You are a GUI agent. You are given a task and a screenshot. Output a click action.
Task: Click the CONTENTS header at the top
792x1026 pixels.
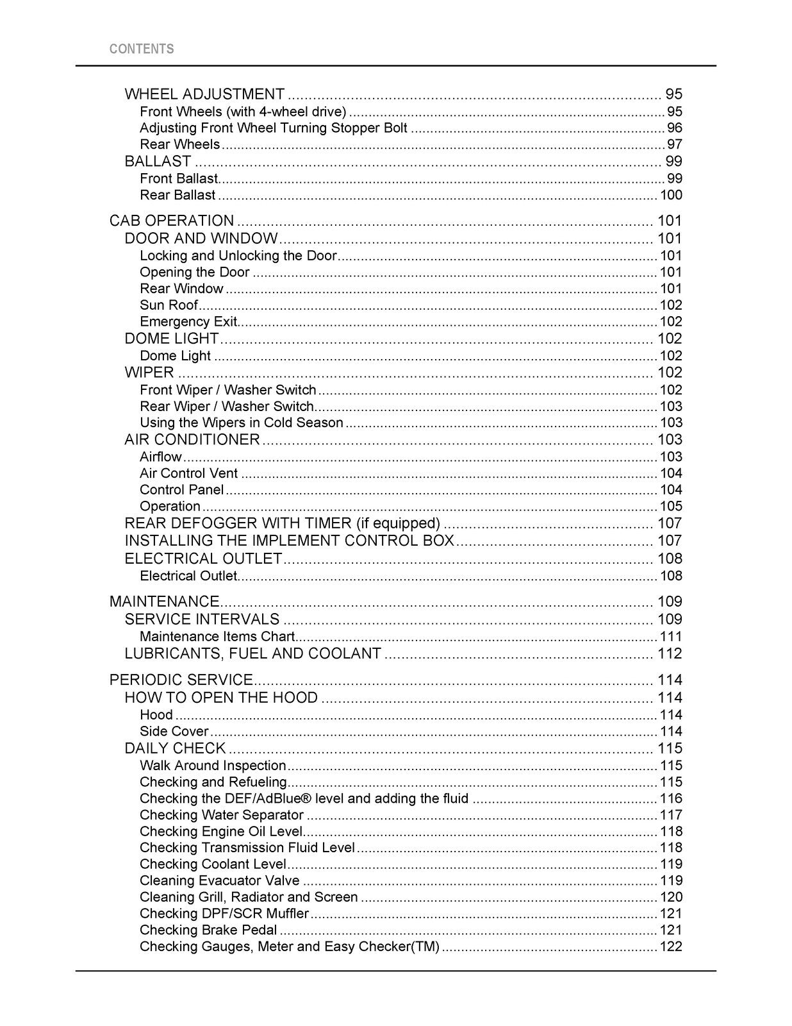pos(142,49)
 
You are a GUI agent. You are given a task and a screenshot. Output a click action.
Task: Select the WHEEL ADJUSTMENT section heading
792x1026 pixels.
pos(204,94)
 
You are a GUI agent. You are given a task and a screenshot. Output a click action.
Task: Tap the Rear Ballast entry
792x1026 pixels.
pos(177,195)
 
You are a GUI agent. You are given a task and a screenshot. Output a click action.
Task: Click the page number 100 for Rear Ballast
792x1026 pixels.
pos(671,195)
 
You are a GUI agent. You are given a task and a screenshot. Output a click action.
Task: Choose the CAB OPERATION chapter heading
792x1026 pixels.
pos(172,221)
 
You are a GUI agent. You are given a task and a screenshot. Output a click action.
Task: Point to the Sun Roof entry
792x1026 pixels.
pos(169,305)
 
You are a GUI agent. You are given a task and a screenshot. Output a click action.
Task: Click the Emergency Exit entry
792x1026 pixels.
pos(188,322)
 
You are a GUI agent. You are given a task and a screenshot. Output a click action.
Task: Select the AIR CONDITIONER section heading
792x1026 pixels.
pos(192,440)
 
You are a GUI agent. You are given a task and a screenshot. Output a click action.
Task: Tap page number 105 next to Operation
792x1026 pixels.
pos(671,507)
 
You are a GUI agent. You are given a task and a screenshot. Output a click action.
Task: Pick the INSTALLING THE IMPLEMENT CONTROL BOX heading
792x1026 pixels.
pos(289,541)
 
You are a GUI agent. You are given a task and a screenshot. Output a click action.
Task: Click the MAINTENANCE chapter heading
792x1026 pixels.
pos(164,602)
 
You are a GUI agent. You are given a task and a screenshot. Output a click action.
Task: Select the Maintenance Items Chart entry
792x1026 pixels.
pos(217,637)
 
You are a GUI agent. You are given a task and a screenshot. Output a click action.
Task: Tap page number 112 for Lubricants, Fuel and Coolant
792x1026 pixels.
pos(670,654)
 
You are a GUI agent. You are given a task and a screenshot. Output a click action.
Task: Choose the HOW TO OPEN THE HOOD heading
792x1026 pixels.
pos(221,698)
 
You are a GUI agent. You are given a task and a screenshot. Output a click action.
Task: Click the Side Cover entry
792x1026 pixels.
pos(174,732)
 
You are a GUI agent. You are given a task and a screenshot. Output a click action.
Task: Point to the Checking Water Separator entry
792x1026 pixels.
pos(222,815)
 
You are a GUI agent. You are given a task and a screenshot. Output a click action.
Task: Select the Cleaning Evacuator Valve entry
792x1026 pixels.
pos(220,881)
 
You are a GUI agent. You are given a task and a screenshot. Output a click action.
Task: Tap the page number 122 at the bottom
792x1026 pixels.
pos(671,947)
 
